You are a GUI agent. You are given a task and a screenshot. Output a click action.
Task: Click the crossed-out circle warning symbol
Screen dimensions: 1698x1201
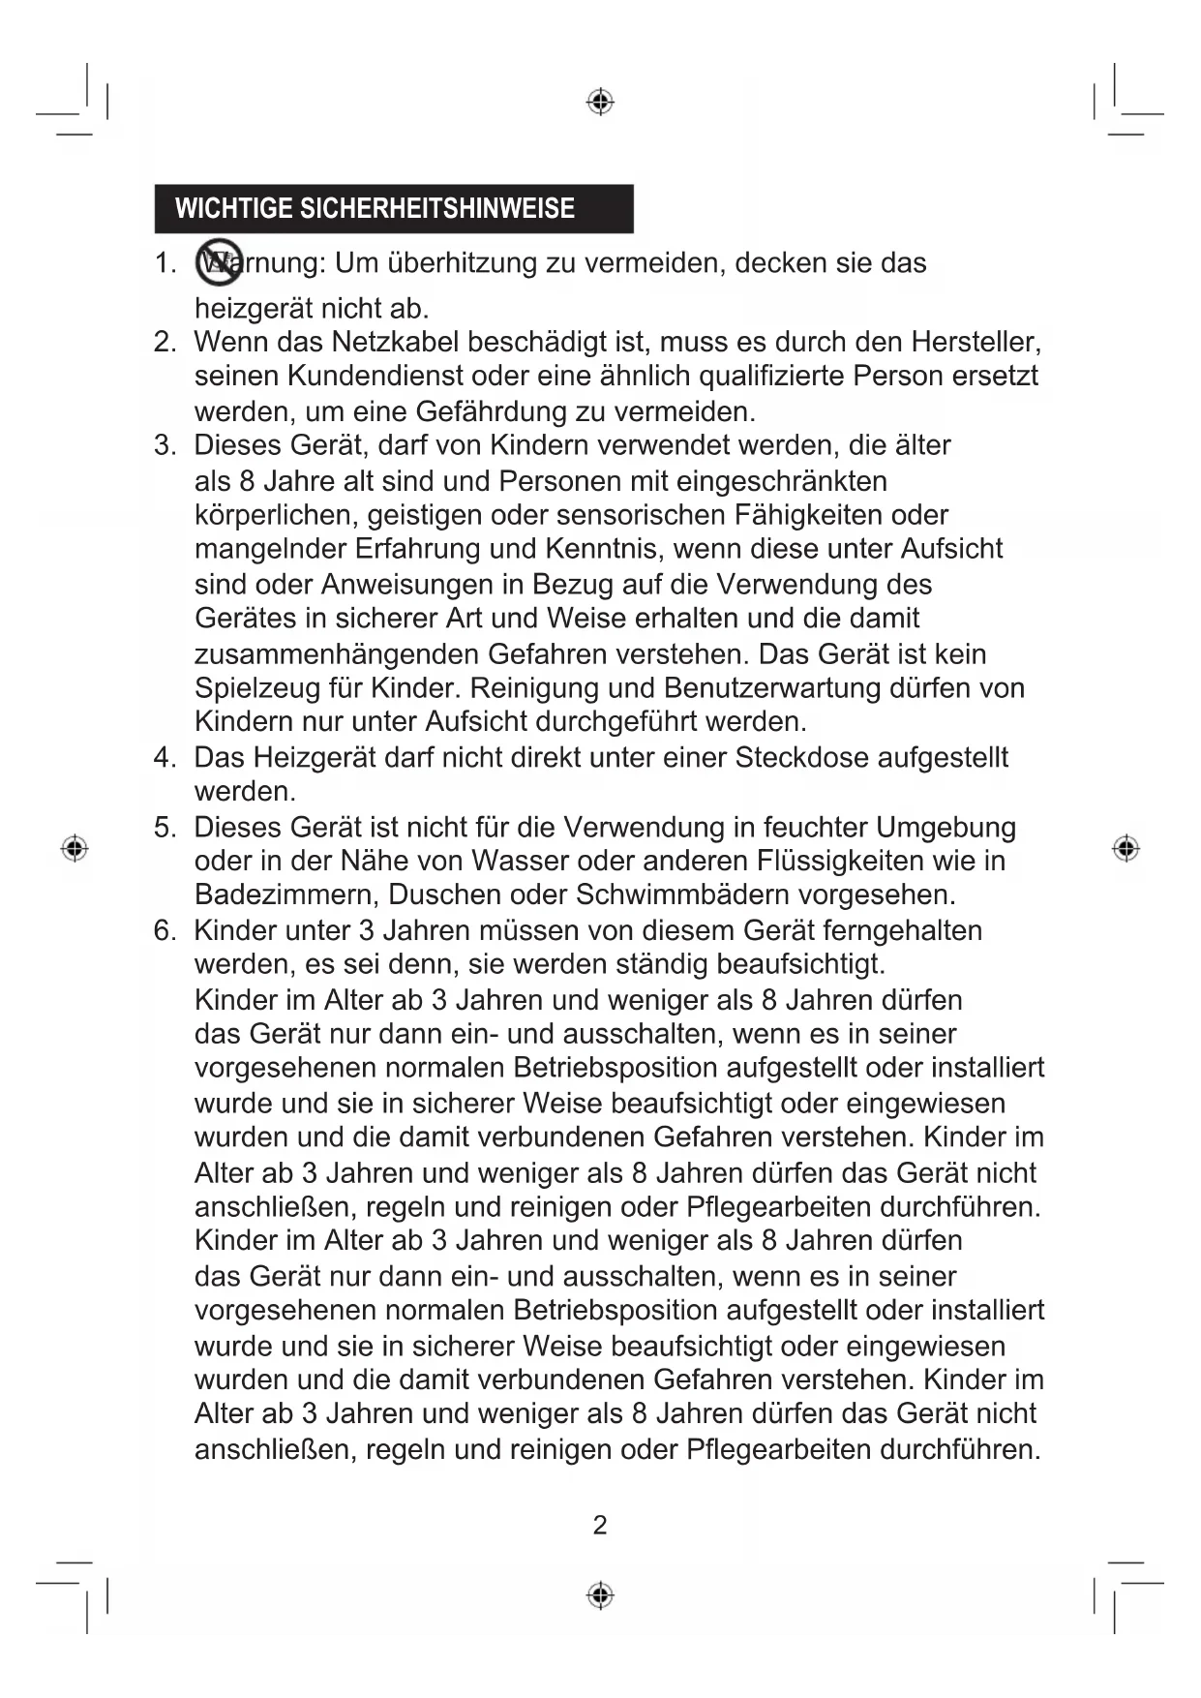pyautogui.click(x=218, y=262)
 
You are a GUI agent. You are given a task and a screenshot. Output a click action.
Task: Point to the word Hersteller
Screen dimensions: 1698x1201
pyautogui.click(x=975, y=342)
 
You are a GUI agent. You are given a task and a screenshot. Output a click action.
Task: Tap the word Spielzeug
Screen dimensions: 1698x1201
pyautogui.click(x=256, y=688)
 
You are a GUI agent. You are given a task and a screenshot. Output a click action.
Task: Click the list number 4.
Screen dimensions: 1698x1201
pyautogui.click(x=163, y=757)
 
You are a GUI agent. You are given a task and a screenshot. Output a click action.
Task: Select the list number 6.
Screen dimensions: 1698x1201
pyautogui.click(x=163, y=930)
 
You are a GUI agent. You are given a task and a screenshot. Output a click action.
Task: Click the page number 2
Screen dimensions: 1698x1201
pyautogui.click(x=600, y=1526)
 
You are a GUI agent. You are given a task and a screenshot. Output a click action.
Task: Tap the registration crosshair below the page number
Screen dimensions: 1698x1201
pyautogui.click(x=600, y=1594)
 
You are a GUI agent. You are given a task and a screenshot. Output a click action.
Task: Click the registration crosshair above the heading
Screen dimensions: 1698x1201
pyautogui.click(x=600, y=102)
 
